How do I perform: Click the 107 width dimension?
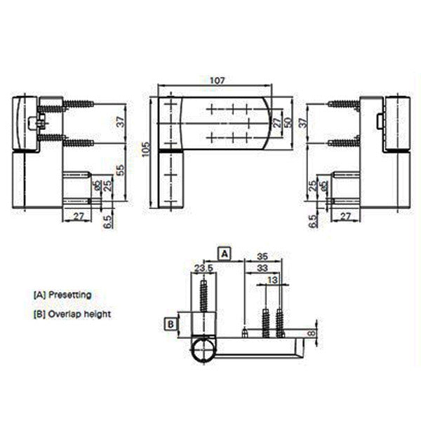click(x=217, y=81)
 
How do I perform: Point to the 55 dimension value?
click(x=120, y=170)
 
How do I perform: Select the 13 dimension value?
click(x=271, y=280)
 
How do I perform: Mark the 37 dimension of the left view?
click(x=120, y=121)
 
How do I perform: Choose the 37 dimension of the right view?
click(x=302, y=121)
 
